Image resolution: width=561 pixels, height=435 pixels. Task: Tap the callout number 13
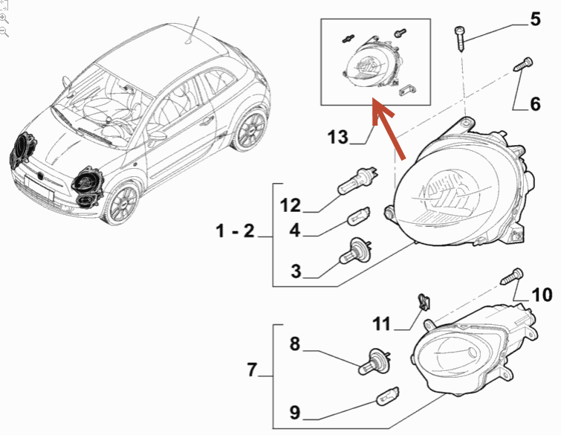(337, 138)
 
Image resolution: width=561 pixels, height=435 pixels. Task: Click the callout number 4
(294, 231)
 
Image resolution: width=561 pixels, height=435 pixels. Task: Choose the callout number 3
(296, 272)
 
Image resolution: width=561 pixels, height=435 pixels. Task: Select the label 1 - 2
(235, 232)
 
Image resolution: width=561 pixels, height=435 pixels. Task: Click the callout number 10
(541, 294)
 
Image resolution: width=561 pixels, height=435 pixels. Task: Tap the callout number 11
(381, 323)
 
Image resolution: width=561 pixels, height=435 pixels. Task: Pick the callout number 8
(294, 344)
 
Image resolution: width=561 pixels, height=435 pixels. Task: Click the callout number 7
(251, 370)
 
